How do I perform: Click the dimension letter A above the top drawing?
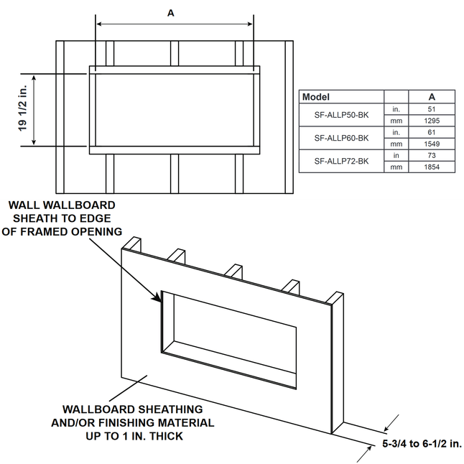point(170,13)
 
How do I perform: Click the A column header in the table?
point(431,96)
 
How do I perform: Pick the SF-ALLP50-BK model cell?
point(341,115)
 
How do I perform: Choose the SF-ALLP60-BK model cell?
point(341,138)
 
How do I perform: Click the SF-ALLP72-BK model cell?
point(341,161)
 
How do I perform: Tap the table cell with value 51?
point(431,109)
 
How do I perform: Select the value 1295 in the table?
point(431,121)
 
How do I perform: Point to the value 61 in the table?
point(431,132)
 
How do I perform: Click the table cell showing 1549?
point(431,144)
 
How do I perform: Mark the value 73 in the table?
point(431,155)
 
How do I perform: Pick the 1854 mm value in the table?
point(431,167)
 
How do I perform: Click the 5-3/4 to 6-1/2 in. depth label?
point(421,445)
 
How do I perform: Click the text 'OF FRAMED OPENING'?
point(62,231)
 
